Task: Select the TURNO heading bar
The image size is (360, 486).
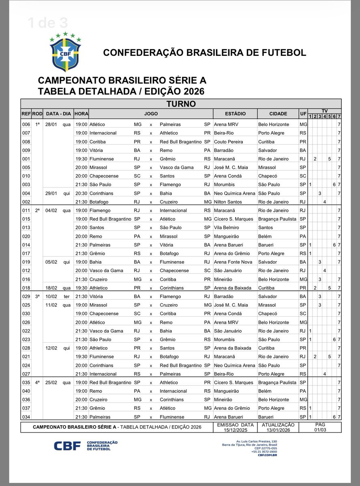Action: click(181, 104)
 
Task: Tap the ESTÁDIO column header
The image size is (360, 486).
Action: click(235, 114)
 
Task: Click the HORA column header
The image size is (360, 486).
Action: click(81, 114)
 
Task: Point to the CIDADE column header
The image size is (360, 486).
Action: click(278, 114)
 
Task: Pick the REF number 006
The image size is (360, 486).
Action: click(26, 124)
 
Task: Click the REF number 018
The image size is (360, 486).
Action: click(26, 288)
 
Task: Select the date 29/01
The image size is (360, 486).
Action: click(52, 193)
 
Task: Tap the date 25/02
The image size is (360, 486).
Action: click(52, 382)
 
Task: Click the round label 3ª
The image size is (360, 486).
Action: click(36, 296)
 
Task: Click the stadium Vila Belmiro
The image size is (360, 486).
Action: click(226, 228)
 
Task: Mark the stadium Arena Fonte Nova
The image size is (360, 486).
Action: click(231, 262)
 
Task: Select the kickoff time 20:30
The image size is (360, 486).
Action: click(81, 193)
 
